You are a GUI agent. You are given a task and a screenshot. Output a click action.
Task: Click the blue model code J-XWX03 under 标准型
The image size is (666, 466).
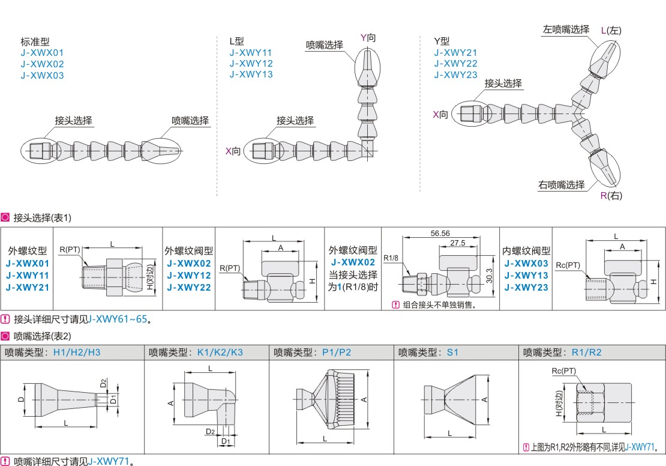42,76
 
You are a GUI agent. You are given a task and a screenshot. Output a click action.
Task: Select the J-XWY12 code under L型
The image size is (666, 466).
251,64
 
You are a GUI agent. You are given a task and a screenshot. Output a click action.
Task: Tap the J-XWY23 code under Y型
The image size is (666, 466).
456,75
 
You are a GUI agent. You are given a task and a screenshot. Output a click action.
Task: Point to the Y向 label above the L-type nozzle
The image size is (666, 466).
368,38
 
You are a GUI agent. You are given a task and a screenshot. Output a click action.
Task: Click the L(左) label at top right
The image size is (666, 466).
611,30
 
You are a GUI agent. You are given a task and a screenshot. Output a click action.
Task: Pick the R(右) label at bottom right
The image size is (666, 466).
611,196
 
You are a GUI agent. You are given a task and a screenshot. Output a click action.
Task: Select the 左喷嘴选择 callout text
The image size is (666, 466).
566,29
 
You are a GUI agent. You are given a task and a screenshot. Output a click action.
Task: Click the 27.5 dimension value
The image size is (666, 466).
458,243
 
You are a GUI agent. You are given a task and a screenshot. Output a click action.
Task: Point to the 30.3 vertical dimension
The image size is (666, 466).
490,274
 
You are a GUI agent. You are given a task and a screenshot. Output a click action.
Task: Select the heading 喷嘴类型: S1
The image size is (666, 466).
428,353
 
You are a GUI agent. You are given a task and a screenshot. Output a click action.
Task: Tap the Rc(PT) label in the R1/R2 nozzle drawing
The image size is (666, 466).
563,372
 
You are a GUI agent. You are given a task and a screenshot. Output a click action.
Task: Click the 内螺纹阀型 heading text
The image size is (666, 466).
526,251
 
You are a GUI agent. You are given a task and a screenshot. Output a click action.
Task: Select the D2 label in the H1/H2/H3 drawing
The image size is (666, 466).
103,383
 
